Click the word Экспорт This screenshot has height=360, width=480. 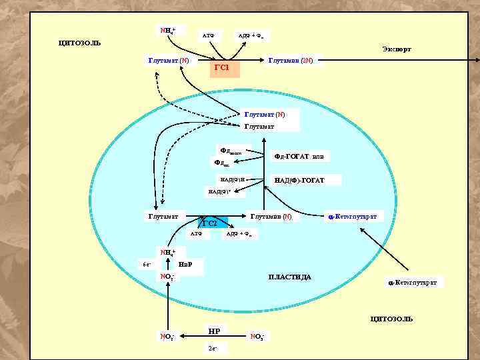coord(397,49)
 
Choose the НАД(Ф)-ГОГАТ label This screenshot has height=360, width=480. coord(299,180)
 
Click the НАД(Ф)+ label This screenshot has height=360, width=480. coord(221,192)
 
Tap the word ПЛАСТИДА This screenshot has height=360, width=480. coord(289,277)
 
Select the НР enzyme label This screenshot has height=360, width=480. coord(214,331)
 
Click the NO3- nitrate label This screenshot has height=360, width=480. coord(257,335)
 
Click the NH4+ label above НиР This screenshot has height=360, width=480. coord(167,252)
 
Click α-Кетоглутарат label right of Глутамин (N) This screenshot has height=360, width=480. coord(353,217)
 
